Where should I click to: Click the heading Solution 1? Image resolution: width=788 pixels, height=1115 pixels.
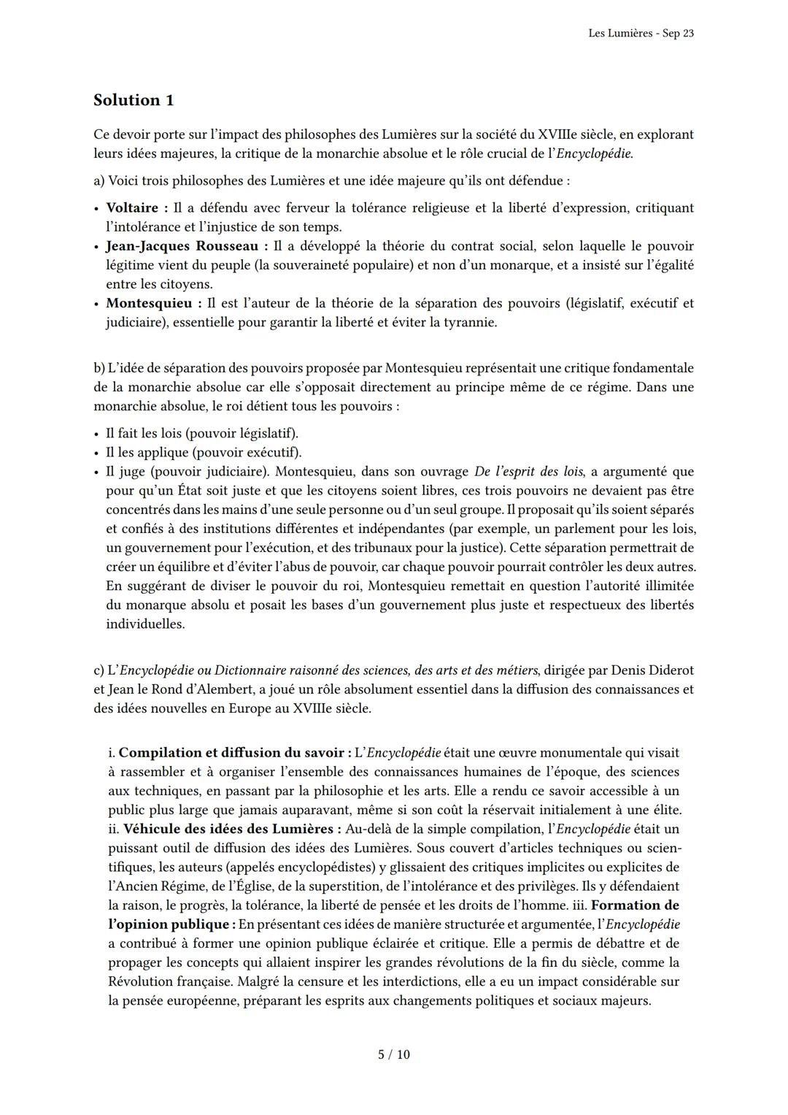134,100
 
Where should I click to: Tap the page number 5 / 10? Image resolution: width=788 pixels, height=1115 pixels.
393,1054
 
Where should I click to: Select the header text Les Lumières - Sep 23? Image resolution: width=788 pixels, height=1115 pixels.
640,34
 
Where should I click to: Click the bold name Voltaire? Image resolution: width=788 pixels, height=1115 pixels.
132,208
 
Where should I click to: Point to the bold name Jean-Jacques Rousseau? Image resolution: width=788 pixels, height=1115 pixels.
182,246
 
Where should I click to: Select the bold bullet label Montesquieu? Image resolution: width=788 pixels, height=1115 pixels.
149,303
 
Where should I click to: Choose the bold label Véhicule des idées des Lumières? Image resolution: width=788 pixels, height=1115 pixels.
232,829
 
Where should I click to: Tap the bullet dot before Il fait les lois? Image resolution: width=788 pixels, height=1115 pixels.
97,434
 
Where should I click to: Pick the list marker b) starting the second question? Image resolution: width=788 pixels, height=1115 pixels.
99,368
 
